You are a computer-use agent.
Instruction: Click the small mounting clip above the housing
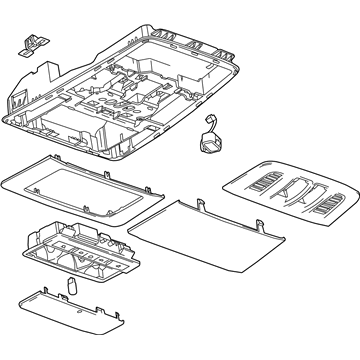[31, 41]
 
